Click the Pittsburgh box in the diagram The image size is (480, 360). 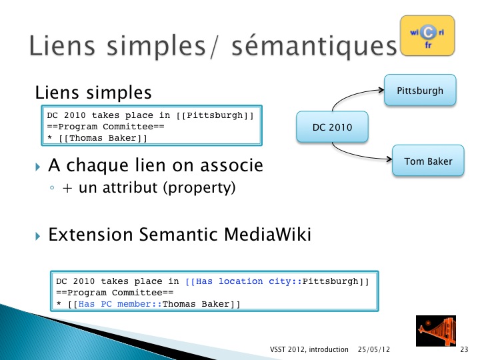click(x=420, y=90)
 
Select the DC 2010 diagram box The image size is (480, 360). click(x=332, y=127)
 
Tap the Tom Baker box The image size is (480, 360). click(x=428, y=161)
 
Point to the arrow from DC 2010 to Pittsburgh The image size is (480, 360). click(x=352, y=94)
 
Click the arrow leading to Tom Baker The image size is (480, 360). click(x=355, y=155)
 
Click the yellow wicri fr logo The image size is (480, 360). click(x=427, y=36)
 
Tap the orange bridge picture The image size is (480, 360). click(x=436, y=331)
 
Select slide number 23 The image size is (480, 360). click(x=464, y=349)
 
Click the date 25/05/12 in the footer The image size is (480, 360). click(x=374, y=349)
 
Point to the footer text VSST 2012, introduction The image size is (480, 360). click(x=309, y=349)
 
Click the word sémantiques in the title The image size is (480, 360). click(x=315, y=46)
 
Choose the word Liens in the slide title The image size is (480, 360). click(x=62, y=45)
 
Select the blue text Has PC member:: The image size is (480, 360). click(x=120, y=304)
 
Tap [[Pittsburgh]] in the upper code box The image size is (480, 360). click(x=215, y=115)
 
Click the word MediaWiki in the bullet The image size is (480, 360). click(x=267, y=235)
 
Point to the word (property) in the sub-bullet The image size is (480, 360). click(x=199, y=187)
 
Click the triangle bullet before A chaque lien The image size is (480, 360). click(x=37, y=167)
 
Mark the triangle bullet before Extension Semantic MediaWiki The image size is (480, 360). click(x=37, y=236)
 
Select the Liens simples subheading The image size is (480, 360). click(x=93, y=93)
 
